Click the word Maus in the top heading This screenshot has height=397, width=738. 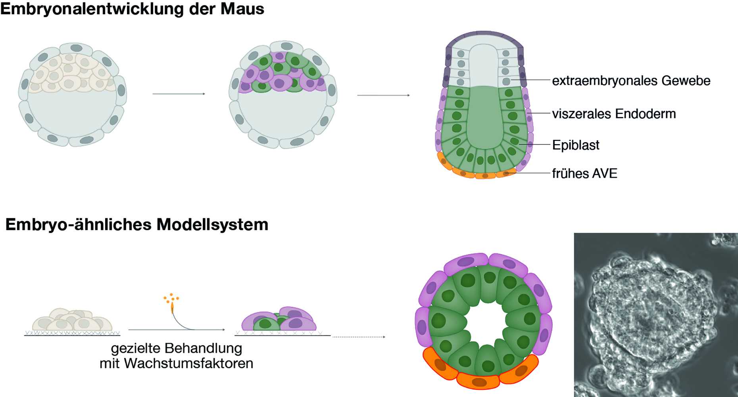242,9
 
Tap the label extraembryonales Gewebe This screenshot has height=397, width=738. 631,81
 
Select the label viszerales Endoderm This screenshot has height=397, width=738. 614,114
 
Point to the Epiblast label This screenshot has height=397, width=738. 576,145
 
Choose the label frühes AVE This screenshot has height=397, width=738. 584,173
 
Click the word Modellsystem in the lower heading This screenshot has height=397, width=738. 212,225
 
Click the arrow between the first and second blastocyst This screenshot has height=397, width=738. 179,94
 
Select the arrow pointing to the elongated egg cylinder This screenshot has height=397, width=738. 383,95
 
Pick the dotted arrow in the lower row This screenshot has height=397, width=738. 359,337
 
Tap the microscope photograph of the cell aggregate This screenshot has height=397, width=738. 655,314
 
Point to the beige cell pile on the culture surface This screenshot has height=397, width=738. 72,320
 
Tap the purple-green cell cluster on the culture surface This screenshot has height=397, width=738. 279,320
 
